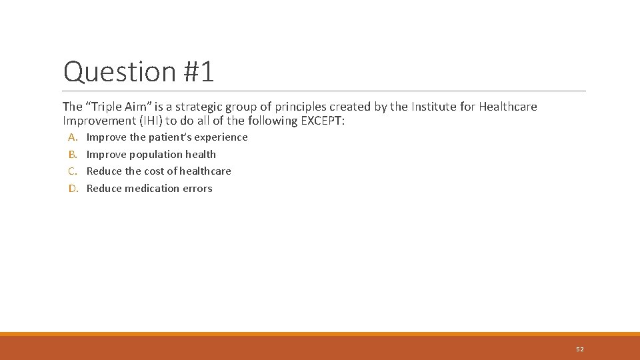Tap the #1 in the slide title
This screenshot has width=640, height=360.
coord(198,72)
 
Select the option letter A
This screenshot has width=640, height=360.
coord(73,137)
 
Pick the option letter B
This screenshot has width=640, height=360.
coord(73,155)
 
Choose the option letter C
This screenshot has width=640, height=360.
coord(73,171)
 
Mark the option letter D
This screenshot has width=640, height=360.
coord(73,189)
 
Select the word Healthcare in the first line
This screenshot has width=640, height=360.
coord(508,107)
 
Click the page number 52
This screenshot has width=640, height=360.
coord(579,349)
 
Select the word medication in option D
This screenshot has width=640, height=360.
coord(153,189)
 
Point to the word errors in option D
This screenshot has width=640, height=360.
coord(198,189)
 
